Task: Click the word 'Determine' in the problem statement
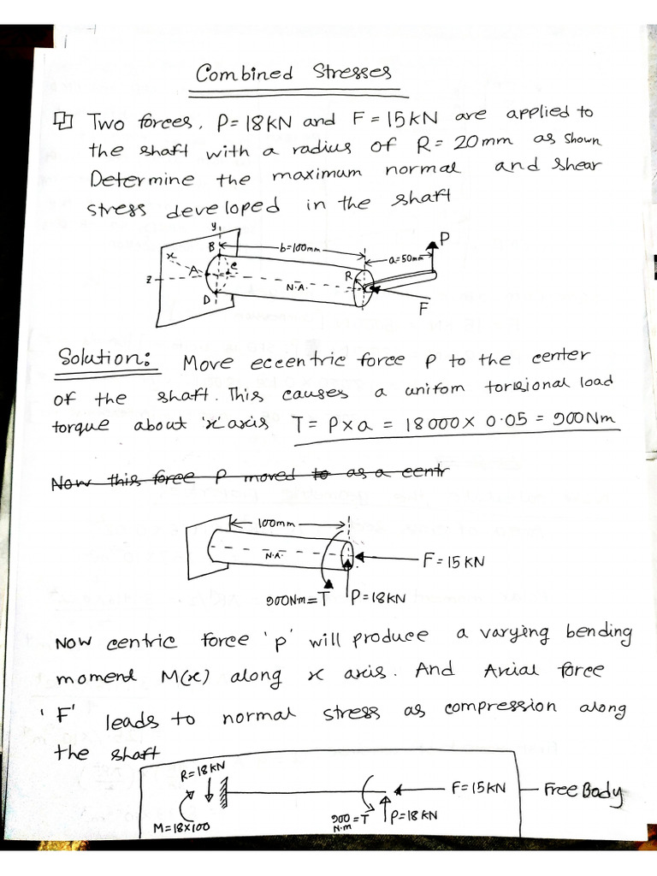coord(141,179)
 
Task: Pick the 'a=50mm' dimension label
coord(405,257)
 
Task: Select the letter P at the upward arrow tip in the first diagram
coord(445,238)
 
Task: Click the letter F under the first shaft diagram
coord(422,310)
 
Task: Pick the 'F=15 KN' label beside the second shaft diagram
coord(453,562)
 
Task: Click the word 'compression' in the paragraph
coord(500,707)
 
